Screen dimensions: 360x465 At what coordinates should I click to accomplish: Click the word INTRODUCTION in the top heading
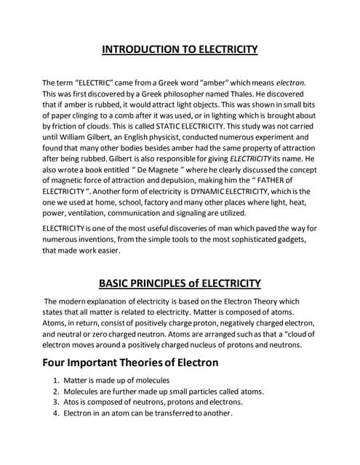pos(138,50)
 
